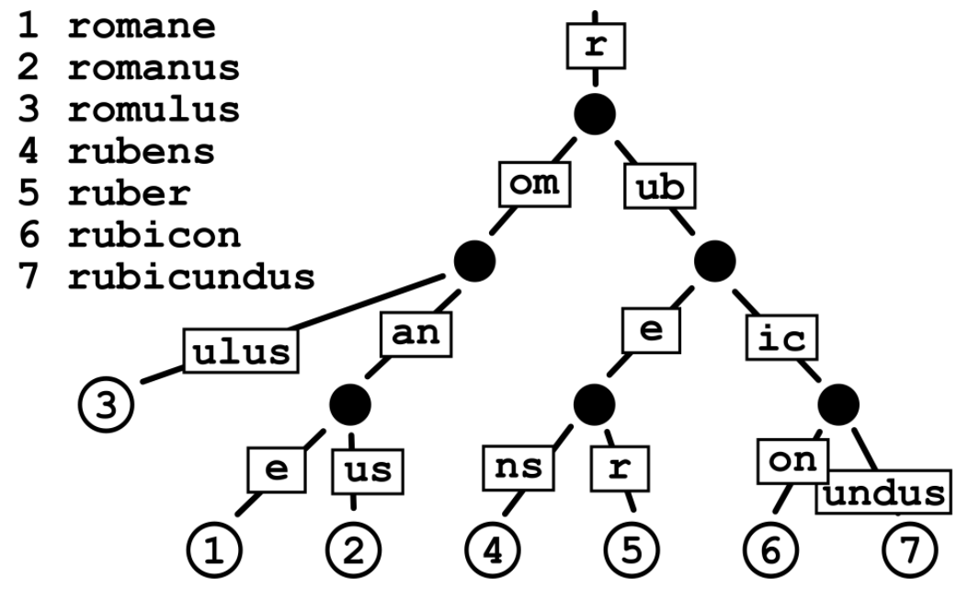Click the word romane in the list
[x=140, y=26]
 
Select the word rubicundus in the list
[x=189, y=275]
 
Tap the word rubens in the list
[x=140, y=151]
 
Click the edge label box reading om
[x=533, y=185]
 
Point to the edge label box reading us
[x=367, y=469]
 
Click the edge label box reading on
[x=793, y=459]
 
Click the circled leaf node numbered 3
[x=105, y=406]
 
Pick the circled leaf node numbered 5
[x=631, y=549]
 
